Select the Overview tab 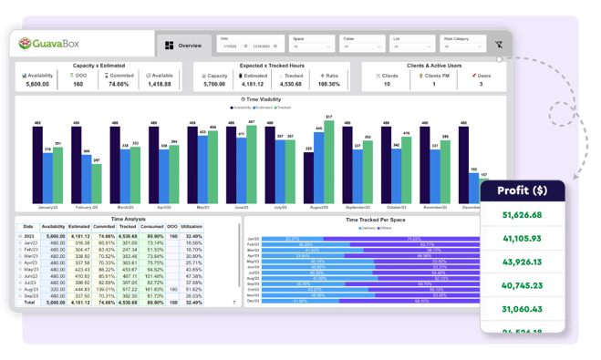[183, 45]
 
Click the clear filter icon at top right [499, 44]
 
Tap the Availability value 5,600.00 [37, 83]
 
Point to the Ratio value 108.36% [328, 83]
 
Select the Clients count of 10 [387, 83]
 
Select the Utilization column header [192, 226]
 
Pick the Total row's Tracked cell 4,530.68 [130, 303]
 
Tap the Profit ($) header [522, 191]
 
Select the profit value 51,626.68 [522, 215]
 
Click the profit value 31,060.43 [522, 310]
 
